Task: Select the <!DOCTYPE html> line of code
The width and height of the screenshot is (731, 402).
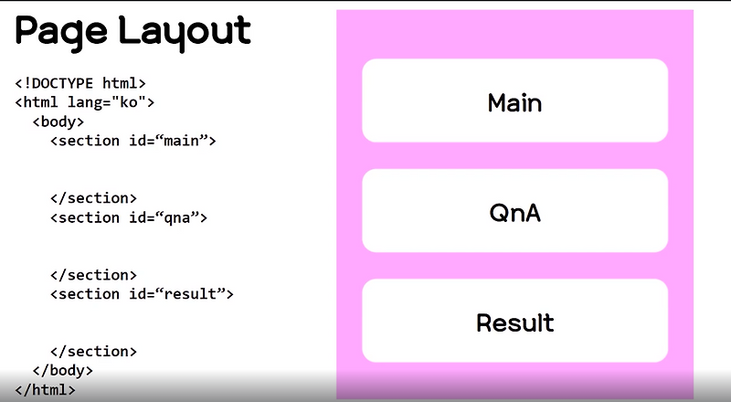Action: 80,82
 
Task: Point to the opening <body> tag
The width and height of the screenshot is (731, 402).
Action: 58,121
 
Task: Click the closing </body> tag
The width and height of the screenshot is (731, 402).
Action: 63,370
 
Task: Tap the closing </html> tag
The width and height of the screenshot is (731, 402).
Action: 45,389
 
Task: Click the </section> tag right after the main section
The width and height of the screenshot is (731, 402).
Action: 93,197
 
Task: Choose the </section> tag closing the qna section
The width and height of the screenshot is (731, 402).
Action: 93,274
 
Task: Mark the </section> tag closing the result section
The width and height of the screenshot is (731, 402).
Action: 93,351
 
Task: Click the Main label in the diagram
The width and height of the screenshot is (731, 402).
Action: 514,102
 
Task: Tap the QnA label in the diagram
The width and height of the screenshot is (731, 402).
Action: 514,213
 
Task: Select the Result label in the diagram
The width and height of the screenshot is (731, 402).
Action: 514,323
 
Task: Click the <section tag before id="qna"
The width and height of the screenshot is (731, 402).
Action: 85,217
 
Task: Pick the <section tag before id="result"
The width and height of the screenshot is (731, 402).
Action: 85,294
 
